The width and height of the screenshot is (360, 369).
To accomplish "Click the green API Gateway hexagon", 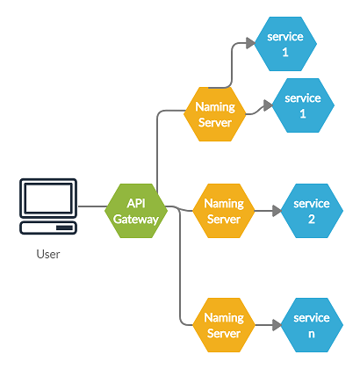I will coord(135,211).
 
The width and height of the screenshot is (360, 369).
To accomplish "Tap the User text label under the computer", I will coord(48,255).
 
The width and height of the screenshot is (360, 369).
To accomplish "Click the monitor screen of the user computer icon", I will coord(48,199).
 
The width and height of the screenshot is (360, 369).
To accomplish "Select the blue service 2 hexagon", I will coord(311,211).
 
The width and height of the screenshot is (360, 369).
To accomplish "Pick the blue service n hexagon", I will coord(312,325).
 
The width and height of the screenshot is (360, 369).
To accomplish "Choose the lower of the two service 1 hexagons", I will coord(303,105).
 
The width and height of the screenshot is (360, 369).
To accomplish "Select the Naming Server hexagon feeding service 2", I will coord(223,211).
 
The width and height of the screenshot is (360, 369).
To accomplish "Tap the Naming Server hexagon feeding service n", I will coord(223,325).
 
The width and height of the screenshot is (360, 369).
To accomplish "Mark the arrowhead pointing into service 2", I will coord(275,211).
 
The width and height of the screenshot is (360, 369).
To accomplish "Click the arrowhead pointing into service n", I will coord(275,325).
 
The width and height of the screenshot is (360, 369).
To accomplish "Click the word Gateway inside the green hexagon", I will coord(135,219).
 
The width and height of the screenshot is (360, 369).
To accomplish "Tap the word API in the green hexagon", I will coord(135,203).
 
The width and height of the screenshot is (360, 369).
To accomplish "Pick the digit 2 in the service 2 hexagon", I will coord(311,219).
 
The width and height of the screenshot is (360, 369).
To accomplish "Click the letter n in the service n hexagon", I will coord(312,333).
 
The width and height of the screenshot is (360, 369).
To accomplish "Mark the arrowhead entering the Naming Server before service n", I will coord(189,325).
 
